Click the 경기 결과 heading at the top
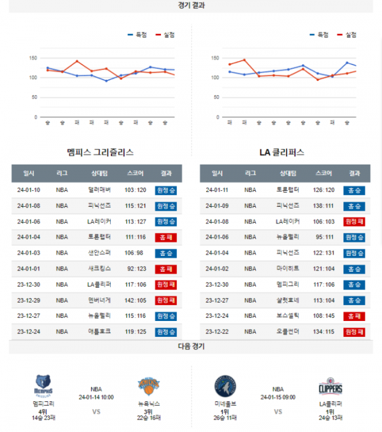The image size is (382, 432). (x=191, y=5)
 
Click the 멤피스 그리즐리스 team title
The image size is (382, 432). (x=100, y=153)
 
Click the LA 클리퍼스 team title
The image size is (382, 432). (x=282, y=153)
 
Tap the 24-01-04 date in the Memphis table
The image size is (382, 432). (x=29, y=237)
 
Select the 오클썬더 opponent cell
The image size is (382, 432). (x=287, y=331)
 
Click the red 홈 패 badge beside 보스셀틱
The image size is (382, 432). (x=355, y=316)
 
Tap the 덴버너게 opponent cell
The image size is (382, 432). (x=100, y=300)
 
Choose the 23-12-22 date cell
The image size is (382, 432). (x=217, y=331)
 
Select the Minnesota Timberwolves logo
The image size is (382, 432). (x=225, y=387)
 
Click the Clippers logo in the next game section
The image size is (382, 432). (x=330, y=387)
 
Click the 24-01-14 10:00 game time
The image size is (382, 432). (x=96, y=396)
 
